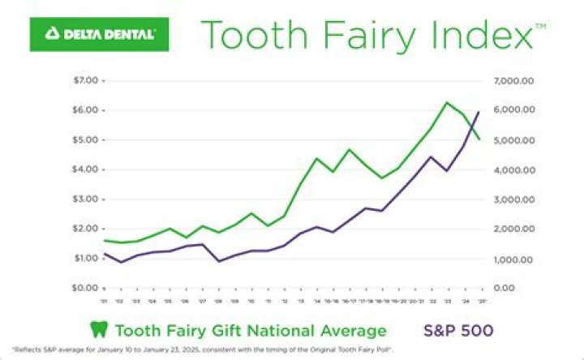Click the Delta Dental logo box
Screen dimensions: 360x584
(99, 34)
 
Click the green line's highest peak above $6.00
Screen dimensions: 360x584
(446, 103)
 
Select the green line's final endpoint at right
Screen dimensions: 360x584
(479, 139)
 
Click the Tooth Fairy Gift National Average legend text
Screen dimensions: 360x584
(250, 331)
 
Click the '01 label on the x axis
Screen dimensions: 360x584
(105, 300)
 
